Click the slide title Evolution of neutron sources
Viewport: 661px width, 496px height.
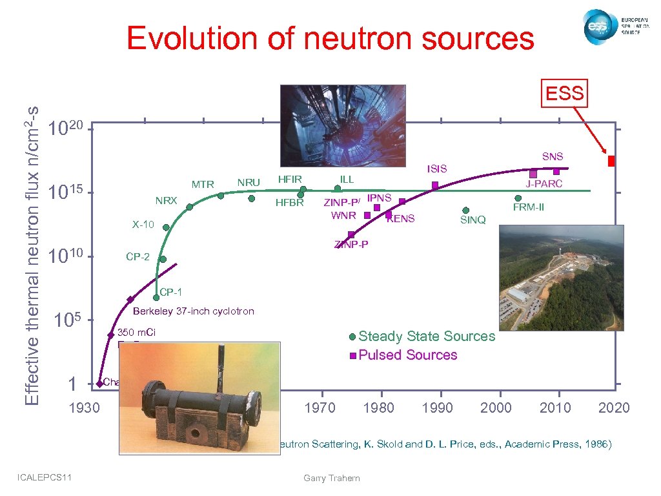point(330,38)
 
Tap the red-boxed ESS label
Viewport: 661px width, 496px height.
point(565,94)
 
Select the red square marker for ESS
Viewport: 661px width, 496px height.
point(611,161)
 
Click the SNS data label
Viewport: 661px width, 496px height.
point(553,156)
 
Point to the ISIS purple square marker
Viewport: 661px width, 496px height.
point(435,185)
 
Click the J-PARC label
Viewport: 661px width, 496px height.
point(544,184)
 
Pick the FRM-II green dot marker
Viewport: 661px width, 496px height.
point(518,198)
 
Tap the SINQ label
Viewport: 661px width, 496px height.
point(473,220)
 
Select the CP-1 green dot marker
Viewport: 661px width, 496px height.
point(156,298)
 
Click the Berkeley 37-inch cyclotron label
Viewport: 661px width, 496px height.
point(193,311)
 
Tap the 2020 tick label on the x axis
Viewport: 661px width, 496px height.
point(614,408)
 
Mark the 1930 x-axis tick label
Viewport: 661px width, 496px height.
point(84,408)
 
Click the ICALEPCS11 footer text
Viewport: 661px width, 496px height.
point(45,477)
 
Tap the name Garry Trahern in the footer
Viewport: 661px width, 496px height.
point(331,478)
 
